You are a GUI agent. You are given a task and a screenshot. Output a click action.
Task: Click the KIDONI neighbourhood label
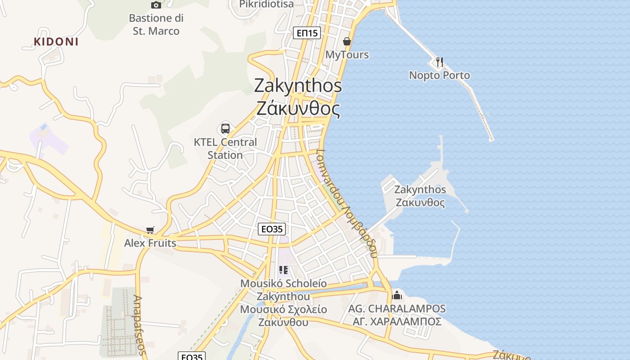coord(56,42)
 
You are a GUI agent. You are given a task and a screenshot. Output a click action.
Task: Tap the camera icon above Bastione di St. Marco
coord(156,5)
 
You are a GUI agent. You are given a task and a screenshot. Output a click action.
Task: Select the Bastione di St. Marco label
coord(156,25)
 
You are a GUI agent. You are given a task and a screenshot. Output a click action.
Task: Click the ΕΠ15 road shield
coord(307,33)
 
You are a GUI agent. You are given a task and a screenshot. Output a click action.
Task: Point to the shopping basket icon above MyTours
coord(347,41)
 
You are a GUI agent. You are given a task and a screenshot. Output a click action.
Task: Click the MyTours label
coord(347,55)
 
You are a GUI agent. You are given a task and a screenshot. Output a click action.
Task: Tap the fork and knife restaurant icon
coord(440,62)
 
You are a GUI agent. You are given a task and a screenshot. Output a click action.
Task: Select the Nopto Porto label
coord(439,75)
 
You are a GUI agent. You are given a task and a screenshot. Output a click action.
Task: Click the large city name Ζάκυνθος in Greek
coord(298,108)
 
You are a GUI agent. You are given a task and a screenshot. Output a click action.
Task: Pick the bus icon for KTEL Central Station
coord(225,129)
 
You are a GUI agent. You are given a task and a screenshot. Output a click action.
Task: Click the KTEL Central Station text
coord(225,148)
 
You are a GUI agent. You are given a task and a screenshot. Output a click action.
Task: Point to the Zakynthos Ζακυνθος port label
coord(420,196)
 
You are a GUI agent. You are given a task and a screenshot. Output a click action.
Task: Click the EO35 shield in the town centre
coord(272,229)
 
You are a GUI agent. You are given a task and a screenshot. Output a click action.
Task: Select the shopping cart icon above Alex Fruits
coord(150,230)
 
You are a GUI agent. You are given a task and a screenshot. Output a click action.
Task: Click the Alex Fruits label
coord(150,243)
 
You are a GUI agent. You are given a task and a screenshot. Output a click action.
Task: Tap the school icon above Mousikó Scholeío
coord(283,270)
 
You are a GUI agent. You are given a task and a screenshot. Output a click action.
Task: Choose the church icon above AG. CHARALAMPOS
coord(397,295)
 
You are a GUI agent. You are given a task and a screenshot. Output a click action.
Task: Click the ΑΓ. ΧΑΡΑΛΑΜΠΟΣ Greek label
coord(397,322)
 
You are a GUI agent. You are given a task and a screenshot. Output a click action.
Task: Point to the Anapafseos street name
coord(139,325)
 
